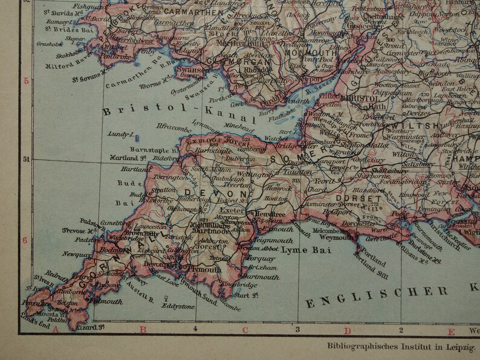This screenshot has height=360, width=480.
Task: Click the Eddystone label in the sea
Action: (x=179, y=306)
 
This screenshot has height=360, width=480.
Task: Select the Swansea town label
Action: (x=189, y=70)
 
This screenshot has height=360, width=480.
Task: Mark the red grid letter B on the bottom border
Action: (x=143, y=329)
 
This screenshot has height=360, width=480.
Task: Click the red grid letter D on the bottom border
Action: (x=347, y=330)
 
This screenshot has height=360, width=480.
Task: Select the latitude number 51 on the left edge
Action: (x=26, y=160)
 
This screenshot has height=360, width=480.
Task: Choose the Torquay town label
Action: (x=261, y=258)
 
